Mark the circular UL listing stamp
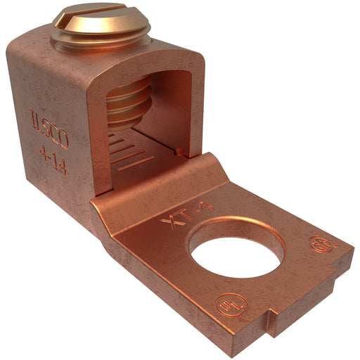[227, 307]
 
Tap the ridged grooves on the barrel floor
[131, 151]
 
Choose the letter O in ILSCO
[63, 141]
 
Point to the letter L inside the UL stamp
[231, 310]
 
